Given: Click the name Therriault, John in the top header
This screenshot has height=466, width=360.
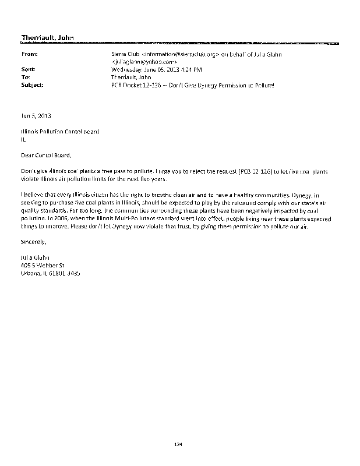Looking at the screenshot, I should click(x=47, y=38).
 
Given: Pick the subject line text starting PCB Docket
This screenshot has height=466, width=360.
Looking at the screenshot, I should click(x=192, y=85).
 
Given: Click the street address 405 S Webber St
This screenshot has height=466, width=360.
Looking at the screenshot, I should click(x=46, y=265).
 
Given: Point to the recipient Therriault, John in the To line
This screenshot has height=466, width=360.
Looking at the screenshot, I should click(x=130, y=77).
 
